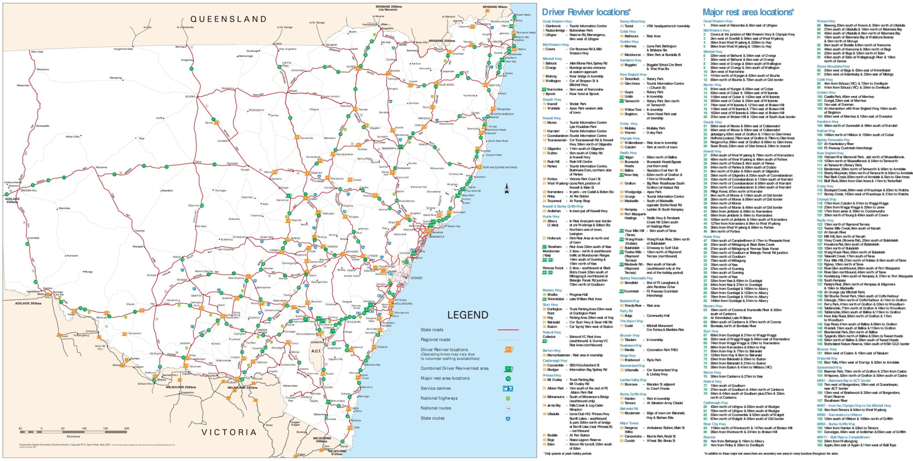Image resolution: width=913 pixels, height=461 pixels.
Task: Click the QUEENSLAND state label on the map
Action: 228,19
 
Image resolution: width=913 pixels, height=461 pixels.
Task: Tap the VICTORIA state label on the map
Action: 229,432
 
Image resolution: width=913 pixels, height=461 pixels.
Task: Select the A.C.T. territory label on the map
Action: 316,351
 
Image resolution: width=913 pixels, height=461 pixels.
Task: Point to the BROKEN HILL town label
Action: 29,190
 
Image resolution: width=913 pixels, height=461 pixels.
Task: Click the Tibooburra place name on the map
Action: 42,69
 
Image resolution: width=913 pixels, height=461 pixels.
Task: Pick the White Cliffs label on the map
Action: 72,136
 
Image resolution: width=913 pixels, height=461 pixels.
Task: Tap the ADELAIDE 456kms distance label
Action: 12,200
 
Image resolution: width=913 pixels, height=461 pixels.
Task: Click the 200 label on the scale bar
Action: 127,428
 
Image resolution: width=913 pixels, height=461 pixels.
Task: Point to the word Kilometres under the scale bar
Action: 73,436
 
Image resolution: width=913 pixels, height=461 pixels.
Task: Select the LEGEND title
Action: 468,315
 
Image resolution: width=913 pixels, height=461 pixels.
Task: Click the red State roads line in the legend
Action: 507,330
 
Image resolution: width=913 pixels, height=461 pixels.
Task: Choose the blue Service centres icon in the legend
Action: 507,388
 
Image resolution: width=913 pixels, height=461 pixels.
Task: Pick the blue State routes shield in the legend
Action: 508,418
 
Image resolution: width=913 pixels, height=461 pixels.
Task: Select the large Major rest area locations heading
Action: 748,12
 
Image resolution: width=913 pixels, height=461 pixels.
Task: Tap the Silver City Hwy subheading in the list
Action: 714,424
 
